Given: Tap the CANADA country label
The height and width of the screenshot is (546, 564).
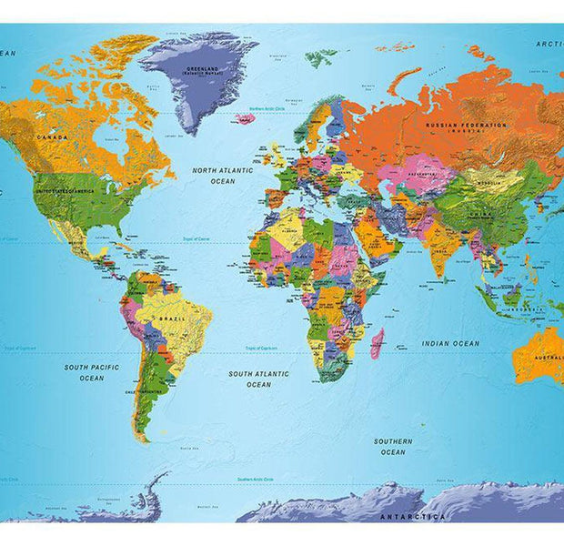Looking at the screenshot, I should point(51,136).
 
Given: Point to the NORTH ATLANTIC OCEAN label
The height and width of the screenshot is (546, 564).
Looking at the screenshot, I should point(222,176).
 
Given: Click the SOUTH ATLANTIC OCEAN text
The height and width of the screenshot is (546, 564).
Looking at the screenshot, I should point(258,379).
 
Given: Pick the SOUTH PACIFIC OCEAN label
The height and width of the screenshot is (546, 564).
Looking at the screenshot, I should point(91,372).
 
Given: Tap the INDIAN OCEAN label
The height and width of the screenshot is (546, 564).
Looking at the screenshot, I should point(450,343).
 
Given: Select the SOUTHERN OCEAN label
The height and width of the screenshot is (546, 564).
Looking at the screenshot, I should point(393,446).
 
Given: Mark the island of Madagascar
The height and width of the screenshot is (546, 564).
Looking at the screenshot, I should point(377,344).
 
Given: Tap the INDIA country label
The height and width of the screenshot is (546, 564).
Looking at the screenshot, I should point(441,242).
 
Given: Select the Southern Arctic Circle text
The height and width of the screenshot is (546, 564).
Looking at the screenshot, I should point(257,479).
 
